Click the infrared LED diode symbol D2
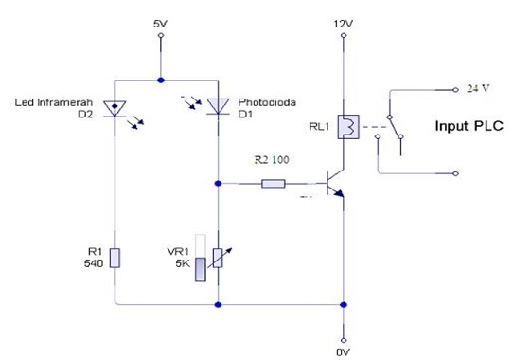pos(115,108)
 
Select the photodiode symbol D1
pos(219,108)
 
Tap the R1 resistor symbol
pos(115,257)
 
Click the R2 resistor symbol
pos(273,184)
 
